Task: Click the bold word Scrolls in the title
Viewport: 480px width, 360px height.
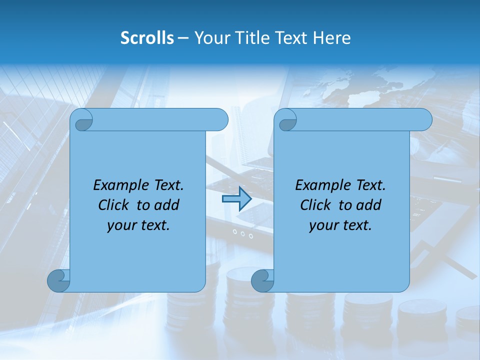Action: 147,38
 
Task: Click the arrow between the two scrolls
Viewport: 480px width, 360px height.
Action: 236,199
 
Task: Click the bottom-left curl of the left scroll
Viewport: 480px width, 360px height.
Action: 59,281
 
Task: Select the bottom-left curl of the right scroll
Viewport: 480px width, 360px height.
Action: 262,281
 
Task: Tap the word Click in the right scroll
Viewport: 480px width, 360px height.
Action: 316,205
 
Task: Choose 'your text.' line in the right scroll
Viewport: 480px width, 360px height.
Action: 340,225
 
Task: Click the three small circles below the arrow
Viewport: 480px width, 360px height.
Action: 239,233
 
